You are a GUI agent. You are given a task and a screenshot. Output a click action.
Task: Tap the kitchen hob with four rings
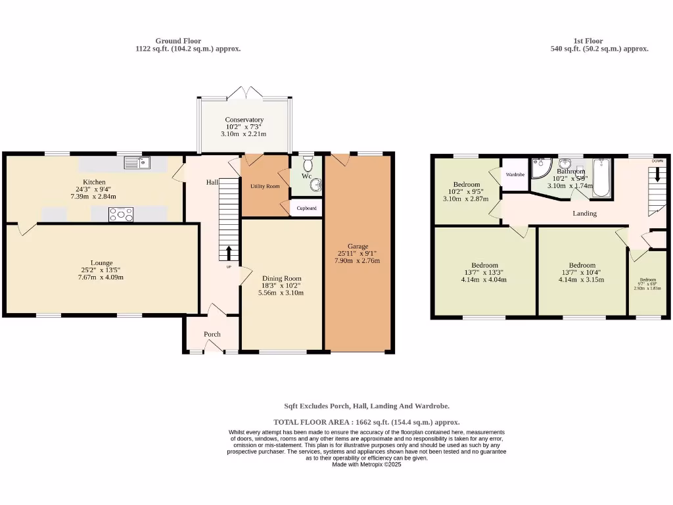(x=120, y=214)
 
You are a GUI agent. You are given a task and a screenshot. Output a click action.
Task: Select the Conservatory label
(x=244, y=120)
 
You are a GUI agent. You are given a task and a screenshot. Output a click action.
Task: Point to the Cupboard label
(x=306, y=208)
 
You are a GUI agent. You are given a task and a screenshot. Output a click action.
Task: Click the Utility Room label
(x=265, y=187)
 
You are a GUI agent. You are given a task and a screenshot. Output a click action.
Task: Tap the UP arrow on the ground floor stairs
(x=229, y=254)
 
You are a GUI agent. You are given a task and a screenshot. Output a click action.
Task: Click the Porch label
(x=212, y=334)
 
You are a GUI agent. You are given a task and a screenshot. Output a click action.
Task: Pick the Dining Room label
(x=281, y=278)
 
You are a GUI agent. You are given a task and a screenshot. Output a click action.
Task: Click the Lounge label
(x=102, y=262)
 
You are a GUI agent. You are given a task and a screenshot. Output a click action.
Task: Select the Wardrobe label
(x=515, y=175)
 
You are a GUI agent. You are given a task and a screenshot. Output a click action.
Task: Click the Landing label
(x=584, y=213)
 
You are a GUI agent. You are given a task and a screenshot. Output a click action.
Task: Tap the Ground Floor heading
(x=178, y=41)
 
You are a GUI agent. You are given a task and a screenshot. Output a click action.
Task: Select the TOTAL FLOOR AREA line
(x=367, y=422)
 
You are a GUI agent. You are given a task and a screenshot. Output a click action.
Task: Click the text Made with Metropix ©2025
(x=367, y=464)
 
